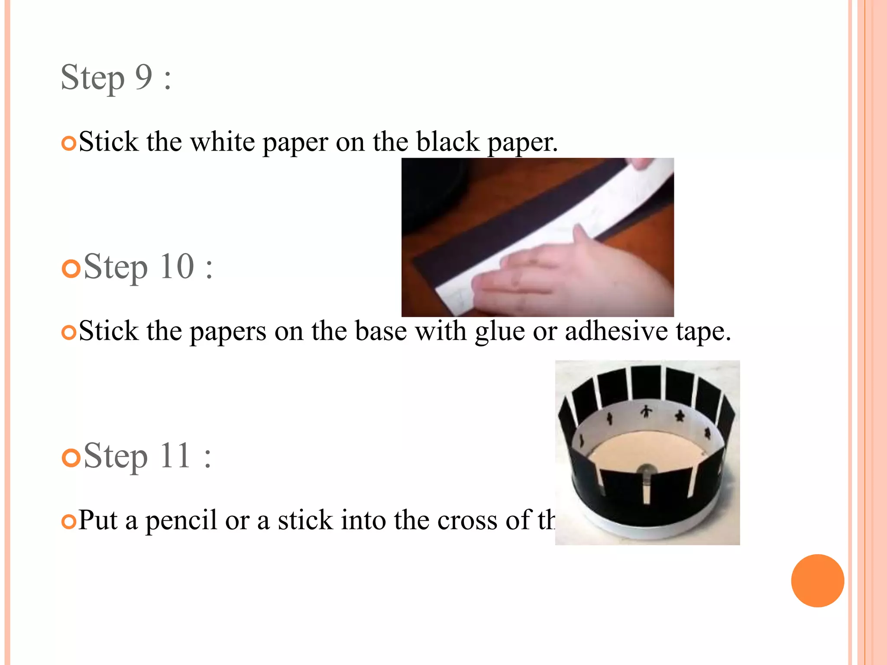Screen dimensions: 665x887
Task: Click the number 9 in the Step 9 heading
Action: pyautogui.click(x=144, y=77)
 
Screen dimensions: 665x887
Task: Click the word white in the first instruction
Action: pyautogui.click(x=223, y=142)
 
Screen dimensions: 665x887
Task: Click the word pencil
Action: pyautogui.click(x=181, y=521)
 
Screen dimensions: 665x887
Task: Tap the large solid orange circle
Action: pyautogui.click(x=817, y=581)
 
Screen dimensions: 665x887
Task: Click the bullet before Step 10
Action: pyautogui.click(x=71, y=268)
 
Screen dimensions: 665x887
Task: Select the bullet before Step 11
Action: pyautogui.click(x=71, y=458)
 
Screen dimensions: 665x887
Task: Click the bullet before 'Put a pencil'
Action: pyautogui.click(x=69, y=522)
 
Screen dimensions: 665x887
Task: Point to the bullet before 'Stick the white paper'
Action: pyautogui.click(x=69, y=143)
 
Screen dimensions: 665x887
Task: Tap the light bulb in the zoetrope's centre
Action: pyautogui.click(x=646, y=472)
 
